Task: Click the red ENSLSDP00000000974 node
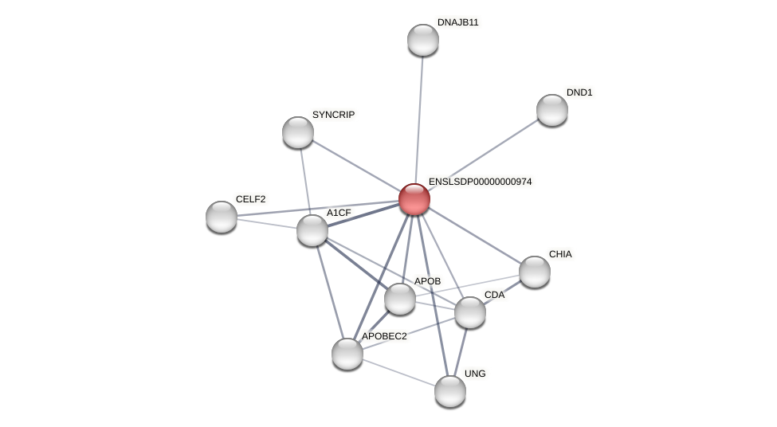(x=414, y=199)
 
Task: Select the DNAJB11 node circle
(x=423, y=40)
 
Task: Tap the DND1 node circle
(x=552, y=110)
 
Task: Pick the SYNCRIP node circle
(x=298, y=132)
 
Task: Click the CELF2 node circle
(x=222, y=217)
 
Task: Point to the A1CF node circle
(x=312, y=230)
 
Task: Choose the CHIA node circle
(x=535, y=272)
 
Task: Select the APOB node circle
(x=400, y=299)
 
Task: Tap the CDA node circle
(x=470, y=312)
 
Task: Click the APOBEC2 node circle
(x=347, y=354)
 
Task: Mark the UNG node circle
(x=450, y=391)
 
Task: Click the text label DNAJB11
(x=457, y=22)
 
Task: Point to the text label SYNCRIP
(x=333, y=115)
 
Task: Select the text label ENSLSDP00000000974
(x=480, y=182)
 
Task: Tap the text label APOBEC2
(x=384, y=336)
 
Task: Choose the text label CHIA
(x=560, y=254)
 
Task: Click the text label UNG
(x=475, y=374)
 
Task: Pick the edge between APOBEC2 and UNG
(x=398, y=372)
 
